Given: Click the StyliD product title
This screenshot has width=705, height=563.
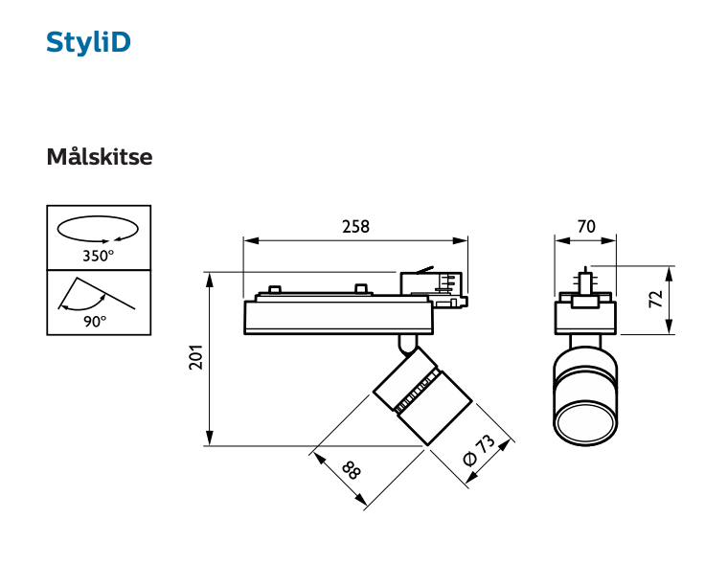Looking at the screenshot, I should pyautogui.click(x=88, y=43).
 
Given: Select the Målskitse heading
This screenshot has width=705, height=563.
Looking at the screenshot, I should pyautogui.click(x=99, y=157).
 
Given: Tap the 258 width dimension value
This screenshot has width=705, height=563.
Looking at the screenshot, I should pyautogui.click(x=355, y=227).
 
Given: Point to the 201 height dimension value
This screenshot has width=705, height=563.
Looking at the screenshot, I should pyautogui.click(x=195, y=357).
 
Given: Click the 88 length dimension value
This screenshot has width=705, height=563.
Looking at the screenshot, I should pyautogui.click(x=351, y=471).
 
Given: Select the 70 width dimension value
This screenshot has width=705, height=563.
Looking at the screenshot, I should pyautogui.click(x=586, y=227).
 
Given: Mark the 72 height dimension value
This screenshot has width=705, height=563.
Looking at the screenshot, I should pyautogui.click(x=656, y=299).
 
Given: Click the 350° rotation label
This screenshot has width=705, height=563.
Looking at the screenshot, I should pyautogui.click(x=98, y=256).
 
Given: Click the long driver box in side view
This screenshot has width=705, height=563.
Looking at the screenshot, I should pyautogui.click(x=335, y=316).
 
